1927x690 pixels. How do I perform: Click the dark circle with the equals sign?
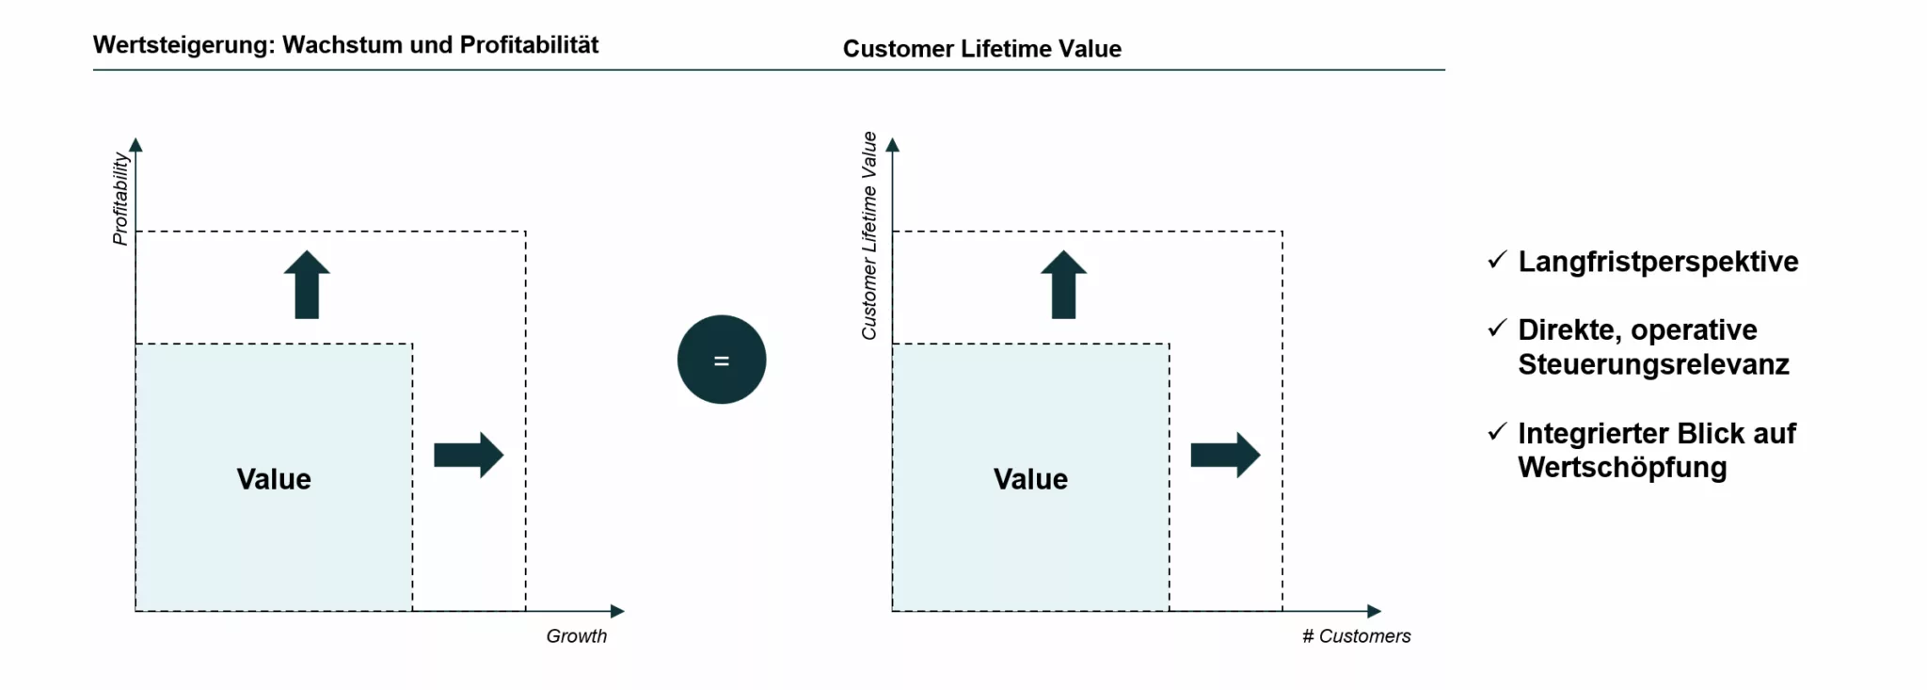pyautogui.click(x=722, y=360)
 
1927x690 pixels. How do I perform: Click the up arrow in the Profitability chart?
pyautogui.click(x=307, y=284)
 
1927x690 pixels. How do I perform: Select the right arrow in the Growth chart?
pyautogui.click(x=469, y=455)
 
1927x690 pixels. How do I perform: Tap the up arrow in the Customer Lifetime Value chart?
pyautogui.click(x=1063, y=284)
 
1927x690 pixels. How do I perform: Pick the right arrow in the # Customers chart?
pyautogui.click(x=1225, y=455)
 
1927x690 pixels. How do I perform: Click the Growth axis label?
pyautogui.click(x=576, y=636)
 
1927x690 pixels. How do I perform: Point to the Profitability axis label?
pyautogui.click(x=120, y=199)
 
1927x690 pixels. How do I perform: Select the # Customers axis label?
pyautogui.click(x=1356, y=636)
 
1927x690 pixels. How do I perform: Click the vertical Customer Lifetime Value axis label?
pyautogui.click(x=869, y=235)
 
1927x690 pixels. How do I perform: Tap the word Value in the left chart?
pyautogui.click(x=274, y=479)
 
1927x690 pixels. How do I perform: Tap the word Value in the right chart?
pyautogui.click(x=1030, y=479)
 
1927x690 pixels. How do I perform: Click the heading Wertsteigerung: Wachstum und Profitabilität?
pyautogui.click(x=345, y=45)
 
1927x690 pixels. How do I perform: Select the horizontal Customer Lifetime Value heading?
pyautogui.click(x=981, y=49)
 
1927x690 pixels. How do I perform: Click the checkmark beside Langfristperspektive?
pyautogui.click(x=1497, y=260)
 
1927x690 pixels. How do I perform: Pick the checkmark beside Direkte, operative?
pyautogui.click(x=1497, y=329)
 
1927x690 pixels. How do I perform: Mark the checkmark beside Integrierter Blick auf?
pyautogui.click(x=1497, y=432)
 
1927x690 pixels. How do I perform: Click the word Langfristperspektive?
pyautogui.click(x=1658, y=262)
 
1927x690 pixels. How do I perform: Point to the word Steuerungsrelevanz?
pyautogui.click(x=1653, y=364)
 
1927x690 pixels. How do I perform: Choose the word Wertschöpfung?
pyautogui.click(x=1622, y=468)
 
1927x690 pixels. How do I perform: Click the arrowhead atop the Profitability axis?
pyautogui.click(x=135, y=145)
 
